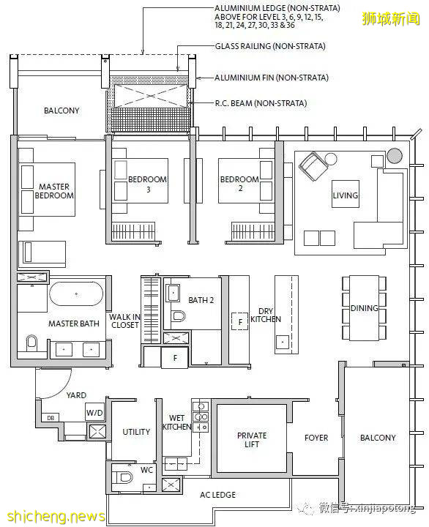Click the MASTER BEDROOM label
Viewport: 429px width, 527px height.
coord(54,191)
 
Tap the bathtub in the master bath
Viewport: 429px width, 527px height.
coord(76,294)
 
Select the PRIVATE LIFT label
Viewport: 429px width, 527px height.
coord(252,440)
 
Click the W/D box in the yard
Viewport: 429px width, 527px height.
coord(94,412)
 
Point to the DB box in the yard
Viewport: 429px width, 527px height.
coord(51,418)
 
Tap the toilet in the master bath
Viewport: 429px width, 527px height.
coord(31,343)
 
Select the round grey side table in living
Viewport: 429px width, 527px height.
coord(395,156)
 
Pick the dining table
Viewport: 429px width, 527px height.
coord(364,308)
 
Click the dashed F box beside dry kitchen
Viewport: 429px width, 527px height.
coord(239,321)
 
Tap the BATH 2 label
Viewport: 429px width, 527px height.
coord(201,300)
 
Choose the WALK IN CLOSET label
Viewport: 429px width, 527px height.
coord(124,321)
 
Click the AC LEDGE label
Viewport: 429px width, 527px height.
coord(217,495)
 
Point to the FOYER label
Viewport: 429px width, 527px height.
coord(316,438)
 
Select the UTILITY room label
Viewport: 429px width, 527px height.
coord(136,432)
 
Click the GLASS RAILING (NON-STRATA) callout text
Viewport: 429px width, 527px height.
coord(270,46)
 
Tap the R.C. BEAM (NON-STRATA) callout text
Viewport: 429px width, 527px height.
coord(261,103)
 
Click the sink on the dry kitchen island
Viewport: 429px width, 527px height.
coord(283,343)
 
